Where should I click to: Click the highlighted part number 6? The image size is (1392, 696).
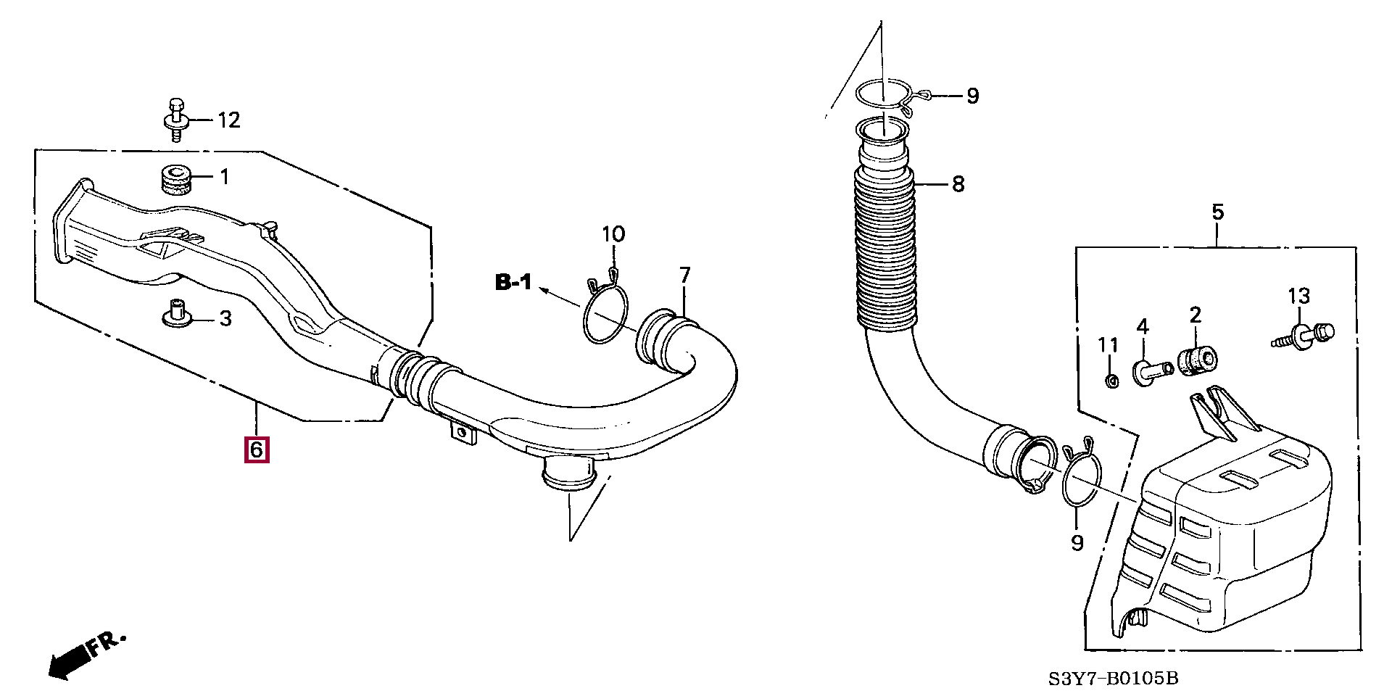tap(257, 449)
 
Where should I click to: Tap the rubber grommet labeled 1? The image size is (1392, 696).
tap(175, 180)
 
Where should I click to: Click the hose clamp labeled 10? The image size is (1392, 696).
tap(605, 312)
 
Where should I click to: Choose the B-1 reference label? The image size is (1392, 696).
tap(513, 282)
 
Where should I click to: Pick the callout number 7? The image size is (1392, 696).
tap(684, 275)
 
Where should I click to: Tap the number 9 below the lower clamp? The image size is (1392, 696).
tap(1077, 542)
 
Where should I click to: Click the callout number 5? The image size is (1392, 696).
tap(1217, 212)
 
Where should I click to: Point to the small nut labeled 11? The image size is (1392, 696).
tap(1109, 381)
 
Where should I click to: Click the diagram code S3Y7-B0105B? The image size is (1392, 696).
tap(1114, 679)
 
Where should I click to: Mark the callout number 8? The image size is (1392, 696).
tap(958, 184)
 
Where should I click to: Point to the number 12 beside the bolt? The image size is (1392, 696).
tap(228, 120)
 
